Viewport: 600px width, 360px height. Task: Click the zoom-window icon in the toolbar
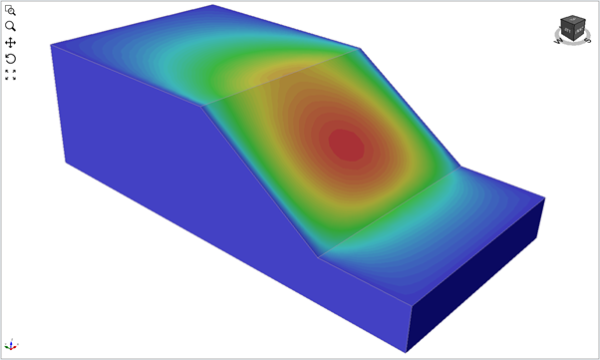click(x=11, y=10)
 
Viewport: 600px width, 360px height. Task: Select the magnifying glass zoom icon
click(x=11, y=26)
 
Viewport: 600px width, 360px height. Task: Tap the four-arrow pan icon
click(x=11, y=43)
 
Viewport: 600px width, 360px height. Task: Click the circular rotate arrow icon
click(x=11, y=59)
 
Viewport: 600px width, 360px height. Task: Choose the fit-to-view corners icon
click(x=11, y=75)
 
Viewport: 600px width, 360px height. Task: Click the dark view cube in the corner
click(x=571, y=27)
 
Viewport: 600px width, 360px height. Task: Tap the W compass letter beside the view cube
click(x=558, y=40)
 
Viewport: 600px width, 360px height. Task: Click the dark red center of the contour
click(x=346, y=145)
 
